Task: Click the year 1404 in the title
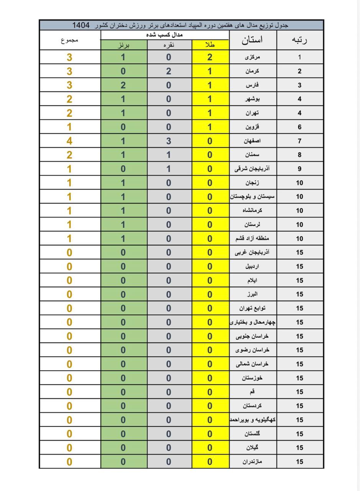[81, 25]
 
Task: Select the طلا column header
[210, 44]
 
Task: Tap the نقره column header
[169, 44]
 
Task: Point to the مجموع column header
[69, 40]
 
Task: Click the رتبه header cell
[299, 40]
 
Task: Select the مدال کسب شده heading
[164, 35]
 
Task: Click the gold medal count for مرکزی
[210, 57]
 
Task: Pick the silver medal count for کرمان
[169, 71]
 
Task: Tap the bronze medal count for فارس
[123, 85]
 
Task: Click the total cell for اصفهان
[69, 141]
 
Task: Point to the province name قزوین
[252, 127]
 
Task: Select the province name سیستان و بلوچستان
[252, 196]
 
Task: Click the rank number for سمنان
[299, 155]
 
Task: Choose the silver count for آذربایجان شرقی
[169, 169]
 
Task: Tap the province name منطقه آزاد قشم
[252, 238]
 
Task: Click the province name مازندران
[252, 461]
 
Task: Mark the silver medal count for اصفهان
[169, 141]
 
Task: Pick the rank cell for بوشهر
[299, 99]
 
